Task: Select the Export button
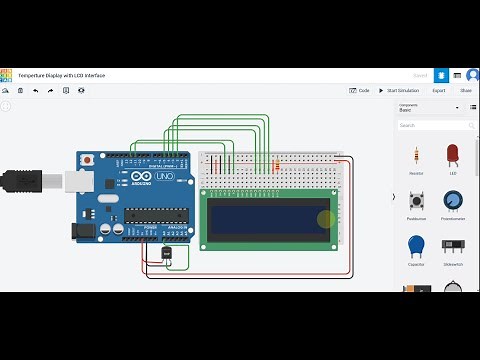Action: point(438,90)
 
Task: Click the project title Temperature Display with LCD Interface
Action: point(61,75)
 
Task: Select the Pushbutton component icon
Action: point(416,201)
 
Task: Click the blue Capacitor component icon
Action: point(416,246)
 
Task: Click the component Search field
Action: point(433,126)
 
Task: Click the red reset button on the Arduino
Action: point(88,160)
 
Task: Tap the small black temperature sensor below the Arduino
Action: point(165,255)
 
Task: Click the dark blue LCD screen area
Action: point(268,217)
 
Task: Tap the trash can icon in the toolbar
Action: point(20,90)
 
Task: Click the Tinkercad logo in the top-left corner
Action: point(6,75)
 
